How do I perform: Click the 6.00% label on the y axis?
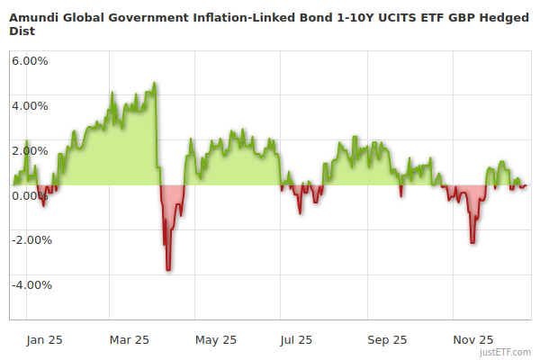click(30, 60)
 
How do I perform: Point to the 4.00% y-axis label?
click(30, 105)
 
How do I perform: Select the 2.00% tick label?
click(30, 150)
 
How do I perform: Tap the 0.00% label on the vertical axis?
click(30, 195)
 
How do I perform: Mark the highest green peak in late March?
click(155, 83)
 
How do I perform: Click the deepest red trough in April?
click(168, 269)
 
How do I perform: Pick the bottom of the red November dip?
click(472, 242)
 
